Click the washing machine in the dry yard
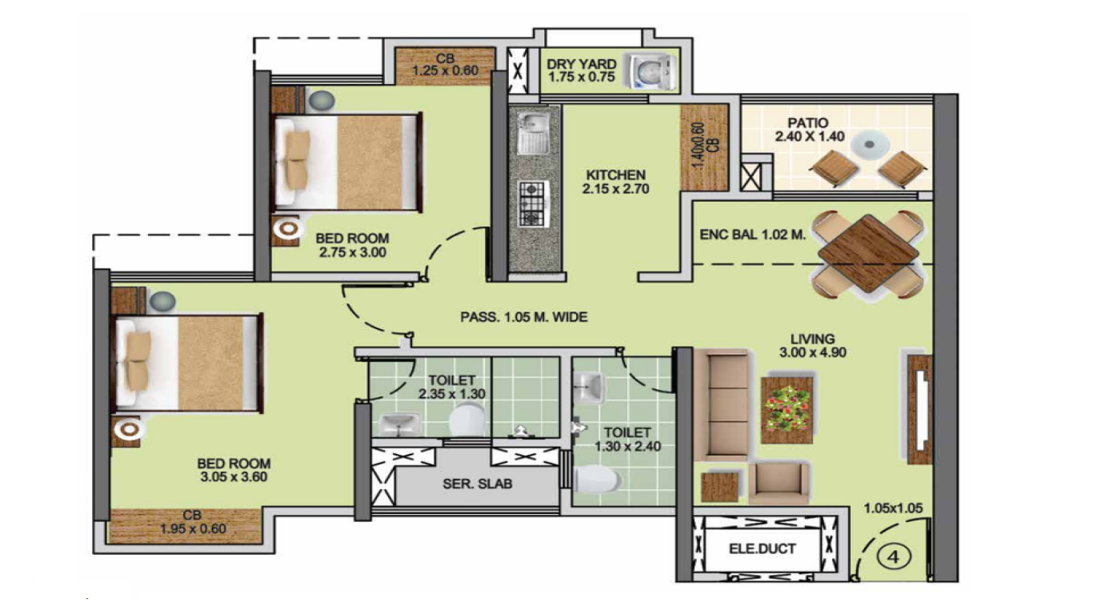[652, 72]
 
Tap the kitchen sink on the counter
[534, 132]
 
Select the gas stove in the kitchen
[534, 204]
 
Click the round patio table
[870, 145]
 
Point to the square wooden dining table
[868, 254]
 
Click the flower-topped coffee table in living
[787, 410]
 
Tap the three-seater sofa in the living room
[722, 404]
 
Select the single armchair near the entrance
[778, 483]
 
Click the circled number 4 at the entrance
[894, 557]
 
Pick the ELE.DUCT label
[763, 549]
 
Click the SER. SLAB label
[477, 484]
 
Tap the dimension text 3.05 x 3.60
[234, 476]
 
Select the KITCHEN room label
[616, 175]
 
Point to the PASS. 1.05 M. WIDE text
[523, 317]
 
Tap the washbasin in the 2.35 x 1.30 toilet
[399, 424]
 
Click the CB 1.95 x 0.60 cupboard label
[193, 521]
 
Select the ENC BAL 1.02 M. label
[752, 235]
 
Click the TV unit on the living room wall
[920, 409]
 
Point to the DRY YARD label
[581, 64]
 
